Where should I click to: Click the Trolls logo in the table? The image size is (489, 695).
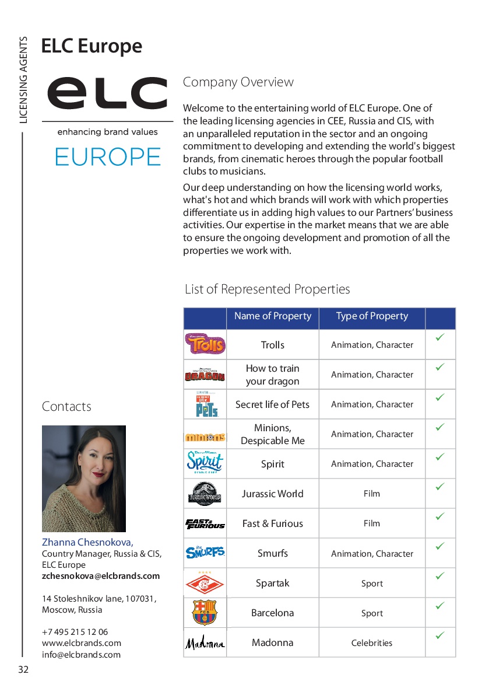(x=205, y=344)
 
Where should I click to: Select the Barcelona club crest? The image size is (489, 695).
(x=205, y=613)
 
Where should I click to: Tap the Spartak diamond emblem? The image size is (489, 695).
(x=205, y=583)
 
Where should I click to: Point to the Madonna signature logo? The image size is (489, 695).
(x=205, y=643)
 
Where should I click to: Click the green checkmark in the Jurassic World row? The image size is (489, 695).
(x=440, y=486)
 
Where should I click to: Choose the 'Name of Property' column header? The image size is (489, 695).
(x=272, y=316)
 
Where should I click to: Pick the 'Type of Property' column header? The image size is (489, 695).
(x=372, y=316)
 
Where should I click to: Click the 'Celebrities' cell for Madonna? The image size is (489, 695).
(x=372, y=643)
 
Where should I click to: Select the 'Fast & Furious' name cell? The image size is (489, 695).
(x=272, y=523)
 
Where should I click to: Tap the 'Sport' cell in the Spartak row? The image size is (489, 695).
(x=372, y=583)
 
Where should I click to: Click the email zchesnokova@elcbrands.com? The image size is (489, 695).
(x=100, y=576)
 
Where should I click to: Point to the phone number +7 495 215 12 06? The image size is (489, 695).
(x=75, y=632)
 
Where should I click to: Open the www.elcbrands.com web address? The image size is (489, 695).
(x=82, y=643)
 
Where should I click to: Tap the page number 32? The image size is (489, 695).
(x=23, y=669)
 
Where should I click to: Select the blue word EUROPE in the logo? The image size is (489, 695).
(x=107, y=157)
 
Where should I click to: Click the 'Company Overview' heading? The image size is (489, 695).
(x=238, y=82)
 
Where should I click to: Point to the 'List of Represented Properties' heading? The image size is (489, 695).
(x=268, y=289)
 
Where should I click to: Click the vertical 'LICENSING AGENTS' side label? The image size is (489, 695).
(x=23, y=80)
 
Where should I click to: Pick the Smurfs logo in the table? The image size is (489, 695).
(x=205, y=553)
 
